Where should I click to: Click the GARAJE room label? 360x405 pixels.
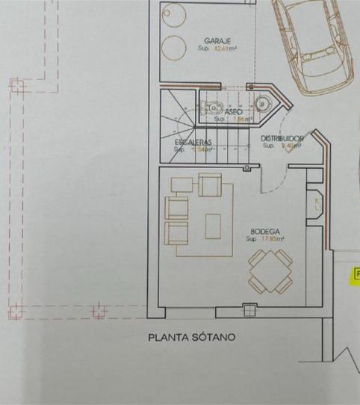(x=217, y=41)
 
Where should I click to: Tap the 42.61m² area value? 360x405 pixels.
(x=225, y=49)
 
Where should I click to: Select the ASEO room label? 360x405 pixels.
(x=223, y=111)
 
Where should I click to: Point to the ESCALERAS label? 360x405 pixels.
(x=193, y=142)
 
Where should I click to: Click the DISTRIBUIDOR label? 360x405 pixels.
(x=282, y=139)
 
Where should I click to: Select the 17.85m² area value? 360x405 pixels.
(x=274, y=240)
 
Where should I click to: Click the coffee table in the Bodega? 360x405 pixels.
(x=214, y=225)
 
